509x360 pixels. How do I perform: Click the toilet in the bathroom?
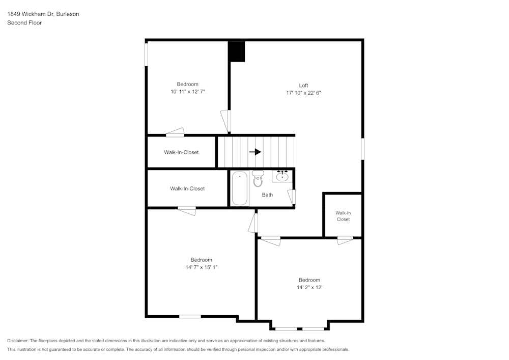[x=258, y=179]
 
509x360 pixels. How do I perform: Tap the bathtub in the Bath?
[x=240, y=188]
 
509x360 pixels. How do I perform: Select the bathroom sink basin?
[x=282, y=176]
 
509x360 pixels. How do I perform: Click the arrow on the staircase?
[x=255, y=152]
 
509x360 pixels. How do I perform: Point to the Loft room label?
[x=303, y=86]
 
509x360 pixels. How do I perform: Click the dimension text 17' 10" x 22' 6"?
[x=303, y=93]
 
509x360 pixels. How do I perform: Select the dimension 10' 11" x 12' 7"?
[x=188, y=92]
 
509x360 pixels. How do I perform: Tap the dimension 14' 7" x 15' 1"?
[x=201, y=267]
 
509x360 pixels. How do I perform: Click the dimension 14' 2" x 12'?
[x=309, y=287]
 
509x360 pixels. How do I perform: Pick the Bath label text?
[x=268, y=195]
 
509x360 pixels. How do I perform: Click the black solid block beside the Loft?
[x=236, y=51]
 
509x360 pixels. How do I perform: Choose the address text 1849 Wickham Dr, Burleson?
[x=43, y=14]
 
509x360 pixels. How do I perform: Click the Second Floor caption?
[x=24, y=23]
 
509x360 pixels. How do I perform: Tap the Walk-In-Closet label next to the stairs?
[x=181, y=152]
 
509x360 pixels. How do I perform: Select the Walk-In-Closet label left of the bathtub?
[x=187, y=188]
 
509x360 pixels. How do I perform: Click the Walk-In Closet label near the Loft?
[x=343, y=216]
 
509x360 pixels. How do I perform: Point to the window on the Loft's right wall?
[x=362, y=149]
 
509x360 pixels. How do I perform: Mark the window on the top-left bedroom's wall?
[x=147, y=54]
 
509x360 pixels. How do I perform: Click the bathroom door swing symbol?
[x=292, y=197]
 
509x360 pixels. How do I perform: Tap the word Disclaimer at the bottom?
[x=18, y=341]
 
